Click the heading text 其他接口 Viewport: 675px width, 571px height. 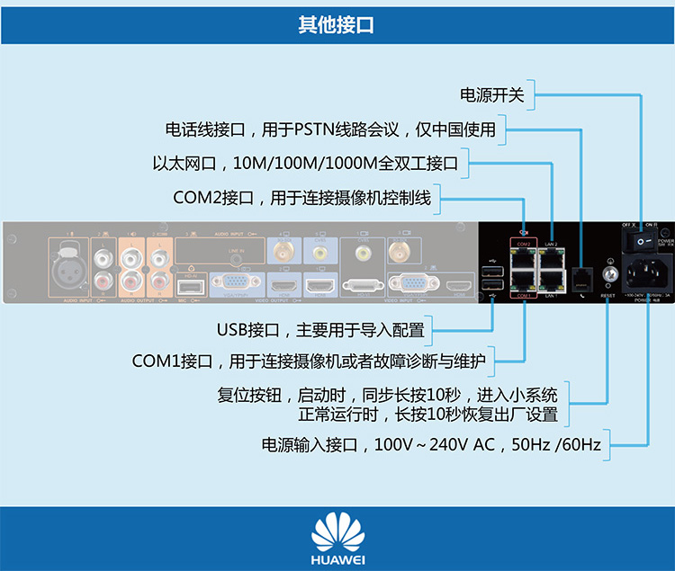tap(337, 25)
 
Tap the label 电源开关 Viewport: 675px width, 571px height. tap(491, 94)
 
